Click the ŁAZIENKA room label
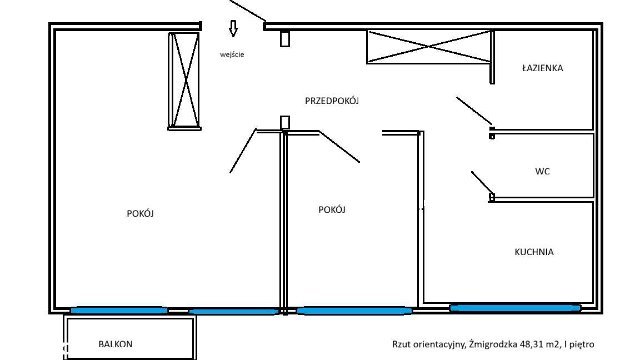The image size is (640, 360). (542, 68)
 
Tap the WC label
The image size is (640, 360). (542, 172)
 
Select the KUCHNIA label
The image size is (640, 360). (534, 252)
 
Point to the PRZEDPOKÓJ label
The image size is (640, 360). (332, 101)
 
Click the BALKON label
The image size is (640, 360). (116, 344)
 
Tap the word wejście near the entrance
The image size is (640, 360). (232, 54)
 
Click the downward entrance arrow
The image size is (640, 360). (233, 28)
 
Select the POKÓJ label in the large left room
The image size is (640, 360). (140, 213)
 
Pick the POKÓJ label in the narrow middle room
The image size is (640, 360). (332, 209)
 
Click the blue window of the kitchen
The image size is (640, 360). (515, 307)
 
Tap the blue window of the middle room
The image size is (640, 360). (354, 311)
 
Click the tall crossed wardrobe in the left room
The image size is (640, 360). (184, 79)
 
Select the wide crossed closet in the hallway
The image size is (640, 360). (429, 47)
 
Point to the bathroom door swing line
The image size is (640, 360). (473, 110)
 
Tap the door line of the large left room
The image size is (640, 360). (243, 151)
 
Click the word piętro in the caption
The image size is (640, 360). (581, 344)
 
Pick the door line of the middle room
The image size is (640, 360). (339, 147)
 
